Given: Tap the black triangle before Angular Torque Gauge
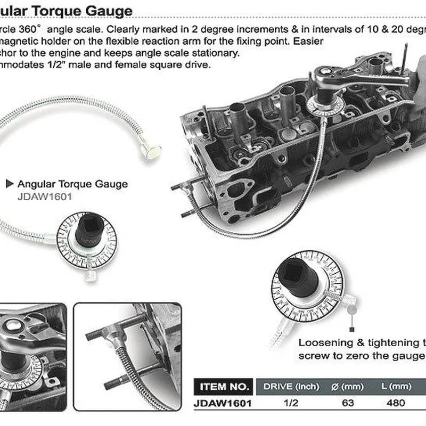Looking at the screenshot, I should [x=9, y=184].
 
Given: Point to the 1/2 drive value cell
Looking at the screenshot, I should [x=291, y=403].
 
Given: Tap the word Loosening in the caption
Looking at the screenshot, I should [x=325, y=343].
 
